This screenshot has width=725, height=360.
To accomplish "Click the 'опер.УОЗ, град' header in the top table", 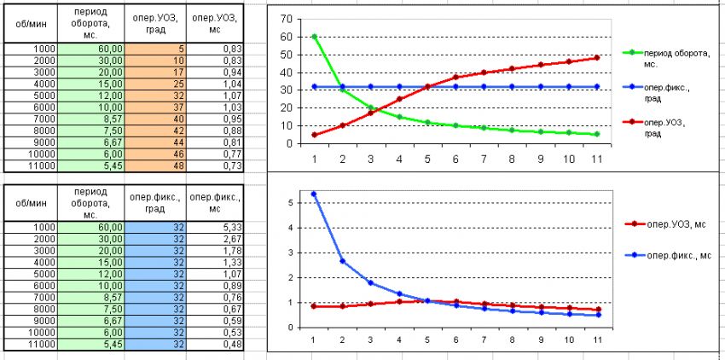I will click(x=154, y=23).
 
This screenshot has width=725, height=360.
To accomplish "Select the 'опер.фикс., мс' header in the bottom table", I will click(x=215, y=200).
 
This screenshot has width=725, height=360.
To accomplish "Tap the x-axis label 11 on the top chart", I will click(x=597, y=158).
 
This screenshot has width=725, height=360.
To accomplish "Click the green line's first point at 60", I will click(x=315, y=37).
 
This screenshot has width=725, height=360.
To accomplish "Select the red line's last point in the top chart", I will click(x=597, y=58).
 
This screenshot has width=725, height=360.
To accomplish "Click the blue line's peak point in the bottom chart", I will click(x=315, y=194).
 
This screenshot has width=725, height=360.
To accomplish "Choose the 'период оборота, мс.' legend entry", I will click(x=674, y=57).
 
